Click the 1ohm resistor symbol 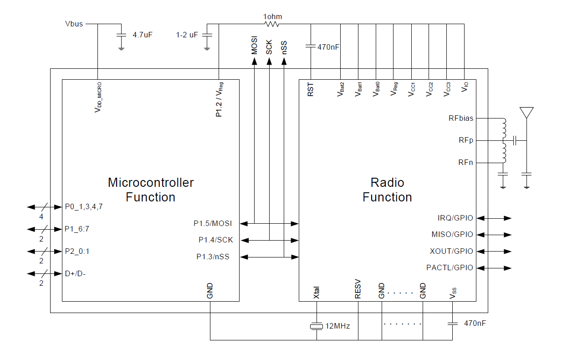[271, 24]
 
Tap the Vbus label [74, 24]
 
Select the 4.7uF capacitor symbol [122, 35]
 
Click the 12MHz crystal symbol [317, 326]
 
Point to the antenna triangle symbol [526, 113]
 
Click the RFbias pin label [461, 118]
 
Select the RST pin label [311, 90]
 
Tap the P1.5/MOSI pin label [213, 223]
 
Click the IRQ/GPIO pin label [455, 218]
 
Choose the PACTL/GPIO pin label [450, 267]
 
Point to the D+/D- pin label [75, 273]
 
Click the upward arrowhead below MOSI [255, 61]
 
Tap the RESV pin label [358, 289]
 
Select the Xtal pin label [317, 293]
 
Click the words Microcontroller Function [151, 190]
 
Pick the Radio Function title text [387, 190]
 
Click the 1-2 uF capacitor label [187, 35]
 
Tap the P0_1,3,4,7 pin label [84, 206]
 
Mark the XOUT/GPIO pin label [452, 251]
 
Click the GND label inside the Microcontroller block [210, 291]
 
